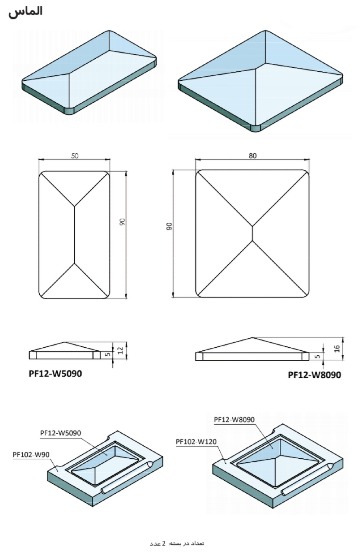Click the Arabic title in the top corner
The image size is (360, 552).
click(25, 12)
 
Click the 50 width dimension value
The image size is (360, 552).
click(75, 156)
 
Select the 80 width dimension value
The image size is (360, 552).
click(253, 156)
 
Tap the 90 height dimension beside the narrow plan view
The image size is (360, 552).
click(122, 222)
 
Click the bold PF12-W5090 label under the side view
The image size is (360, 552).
click(52, 373)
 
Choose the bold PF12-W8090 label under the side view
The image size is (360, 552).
click(314, 375)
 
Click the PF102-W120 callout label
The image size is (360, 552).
click(196, 441)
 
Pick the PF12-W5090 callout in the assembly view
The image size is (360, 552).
click(61, 432)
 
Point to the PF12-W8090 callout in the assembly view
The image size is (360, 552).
click(234, 419)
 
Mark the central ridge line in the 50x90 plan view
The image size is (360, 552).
click(74, 235)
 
